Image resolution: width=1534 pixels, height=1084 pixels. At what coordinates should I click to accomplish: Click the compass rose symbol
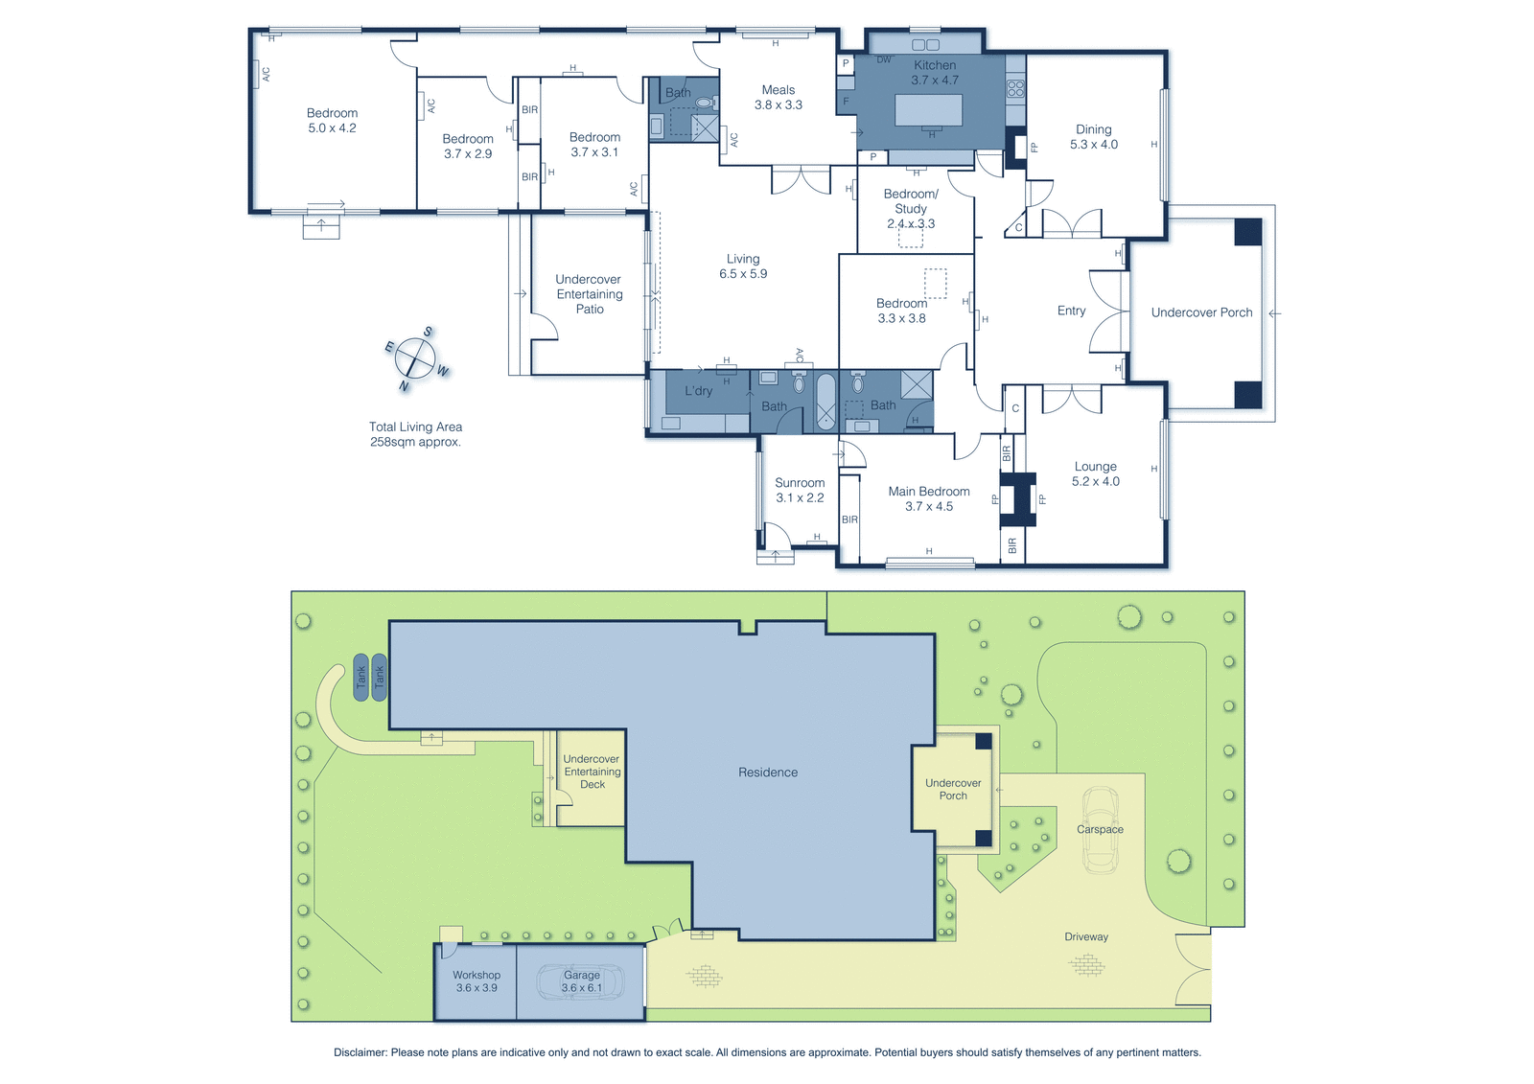(x=416, y=357)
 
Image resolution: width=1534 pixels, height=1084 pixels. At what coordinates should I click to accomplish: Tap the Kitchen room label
(x=935, y=65)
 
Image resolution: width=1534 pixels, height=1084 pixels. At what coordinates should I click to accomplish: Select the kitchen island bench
(x=929, y=110)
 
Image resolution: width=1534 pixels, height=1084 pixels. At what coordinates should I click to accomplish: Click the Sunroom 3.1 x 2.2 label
(x=800, y=491)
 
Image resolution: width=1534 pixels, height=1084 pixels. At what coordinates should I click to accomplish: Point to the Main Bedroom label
(x=929, y=491)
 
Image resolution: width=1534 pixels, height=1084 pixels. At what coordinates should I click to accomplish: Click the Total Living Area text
(x=416, y=427)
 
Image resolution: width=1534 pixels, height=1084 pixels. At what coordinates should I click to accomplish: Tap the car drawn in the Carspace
(x=1101, y=830)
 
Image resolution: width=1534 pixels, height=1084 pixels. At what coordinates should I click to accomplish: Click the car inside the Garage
(x=581, y=982)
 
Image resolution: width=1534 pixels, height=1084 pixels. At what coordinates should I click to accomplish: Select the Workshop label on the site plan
(x=476, y=975)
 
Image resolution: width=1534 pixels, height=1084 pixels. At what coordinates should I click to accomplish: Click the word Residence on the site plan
(x=768, y=773)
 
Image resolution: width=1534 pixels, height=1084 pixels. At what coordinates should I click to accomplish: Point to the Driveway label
(x=1086, y=936)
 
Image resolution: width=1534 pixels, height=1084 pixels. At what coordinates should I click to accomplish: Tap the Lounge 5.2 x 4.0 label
(x=1096, y=473)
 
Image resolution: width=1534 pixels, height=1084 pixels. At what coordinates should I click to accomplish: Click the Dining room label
(x=1094, y=129)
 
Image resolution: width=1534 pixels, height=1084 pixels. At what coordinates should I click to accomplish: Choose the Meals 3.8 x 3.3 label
(x=779, y=97)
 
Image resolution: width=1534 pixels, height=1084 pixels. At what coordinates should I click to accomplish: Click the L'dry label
(x=699, y=391)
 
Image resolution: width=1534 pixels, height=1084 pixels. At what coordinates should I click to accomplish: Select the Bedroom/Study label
(x=911, y=201)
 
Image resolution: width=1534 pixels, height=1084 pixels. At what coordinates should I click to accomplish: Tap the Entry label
(x=1071, y=311)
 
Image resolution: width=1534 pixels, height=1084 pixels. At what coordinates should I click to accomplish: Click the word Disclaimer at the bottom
(x=360, y=1052)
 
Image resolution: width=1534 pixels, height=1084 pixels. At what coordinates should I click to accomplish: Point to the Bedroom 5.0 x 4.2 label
(x=332, y=121)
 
